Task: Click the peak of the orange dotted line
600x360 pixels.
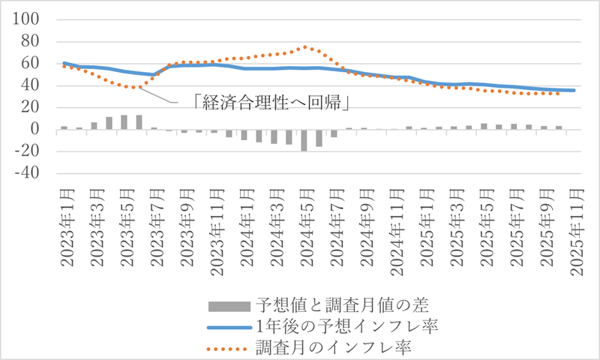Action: (x=305, y=47)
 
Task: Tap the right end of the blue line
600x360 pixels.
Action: (x=574, y=91)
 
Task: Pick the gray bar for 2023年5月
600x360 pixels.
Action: (x=124, y=122)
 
